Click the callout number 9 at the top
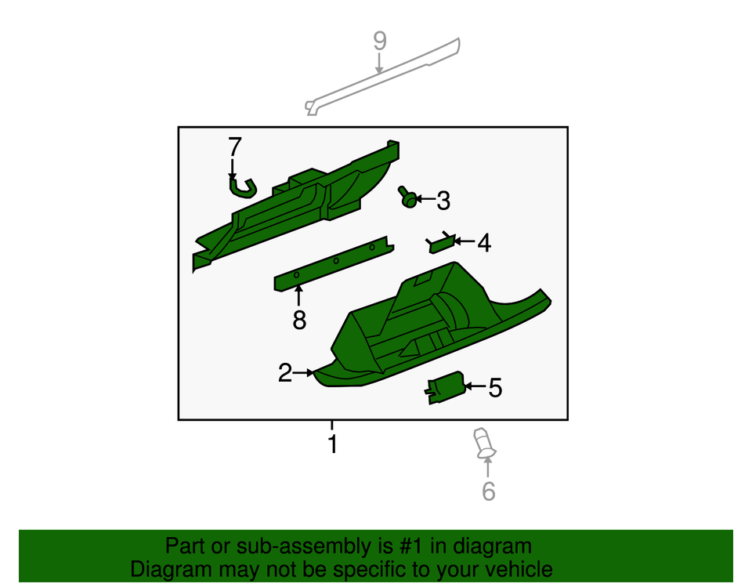click(380, 41)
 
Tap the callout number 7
click(235, 147)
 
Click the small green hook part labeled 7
click(242, 186)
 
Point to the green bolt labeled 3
click(407, 197)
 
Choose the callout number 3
click(443, 201)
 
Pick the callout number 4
click(484, 244)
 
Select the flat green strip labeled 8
click(332, 263)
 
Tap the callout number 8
click(298, 320)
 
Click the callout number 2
click(285, 373)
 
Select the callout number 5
click(495, 387)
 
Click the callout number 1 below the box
click(333, 444)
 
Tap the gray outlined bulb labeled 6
click(483, 443)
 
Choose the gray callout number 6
click(488, 491)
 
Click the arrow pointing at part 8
click(298, 296)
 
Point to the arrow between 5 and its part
click(475, 386)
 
